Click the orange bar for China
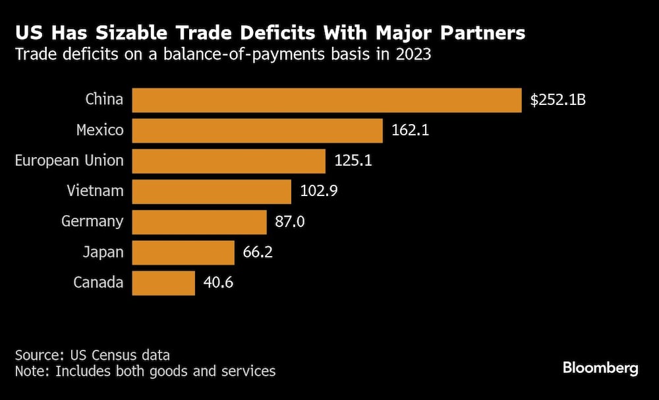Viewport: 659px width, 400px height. pos(326,100)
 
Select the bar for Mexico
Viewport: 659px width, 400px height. pos(257,131)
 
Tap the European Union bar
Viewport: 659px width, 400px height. pos(229,161)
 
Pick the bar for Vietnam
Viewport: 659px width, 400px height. pos(212,191)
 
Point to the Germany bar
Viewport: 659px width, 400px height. pos(199,222)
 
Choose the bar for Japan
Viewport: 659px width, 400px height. pos(183,252)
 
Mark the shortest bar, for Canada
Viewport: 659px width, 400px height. pos(163,283)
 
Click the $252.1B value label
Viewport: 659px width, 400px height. pos(558,101)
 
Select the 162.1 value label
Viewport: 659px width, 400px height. pos(411,131)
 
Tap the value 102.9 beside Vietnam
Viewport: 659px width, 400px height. pos(319,191)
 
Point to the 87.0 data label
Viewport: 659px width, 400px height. pos(289,222)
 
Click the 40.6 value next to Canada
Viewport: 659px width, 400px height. pos(218,283)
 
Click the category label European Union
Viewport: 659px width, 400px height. pos(69,160)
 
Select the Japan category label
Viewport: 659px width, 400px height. pos(103,251)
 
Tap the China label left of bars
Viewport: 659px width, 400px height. pos(104,100)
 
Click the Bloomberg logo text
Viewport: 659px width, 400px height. pos(600,368)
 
